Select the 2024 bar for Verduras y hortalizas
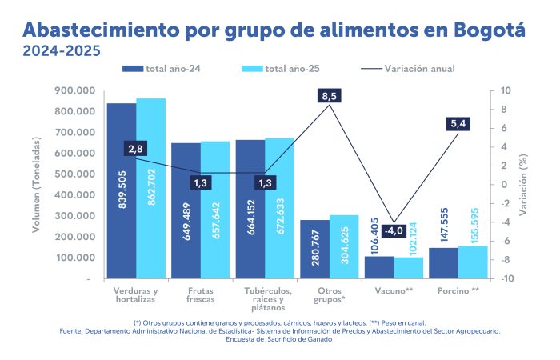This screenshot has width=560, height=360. tap(122, 192)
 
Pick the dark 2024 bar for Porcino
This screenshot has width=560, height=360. tap(443, 263)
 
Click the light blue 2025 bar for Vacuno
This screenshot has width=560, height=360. tap(409, 267)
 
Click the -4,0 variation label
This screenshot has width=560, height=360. tap(393, 230)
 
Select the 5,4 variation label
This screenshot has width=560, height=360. tap(460, 123)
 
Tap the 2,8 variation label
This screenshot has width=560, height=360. tap(135, 149)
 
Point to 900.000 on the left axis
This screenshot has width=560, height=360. tap(73, 90)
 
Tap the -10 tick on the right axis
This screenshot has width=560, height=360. tap(506, 279)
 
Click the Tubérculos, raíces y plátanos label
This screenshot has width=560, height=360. tap(265, 300)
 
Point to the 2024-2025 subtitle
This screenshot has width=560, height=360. tap(61, 52)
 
